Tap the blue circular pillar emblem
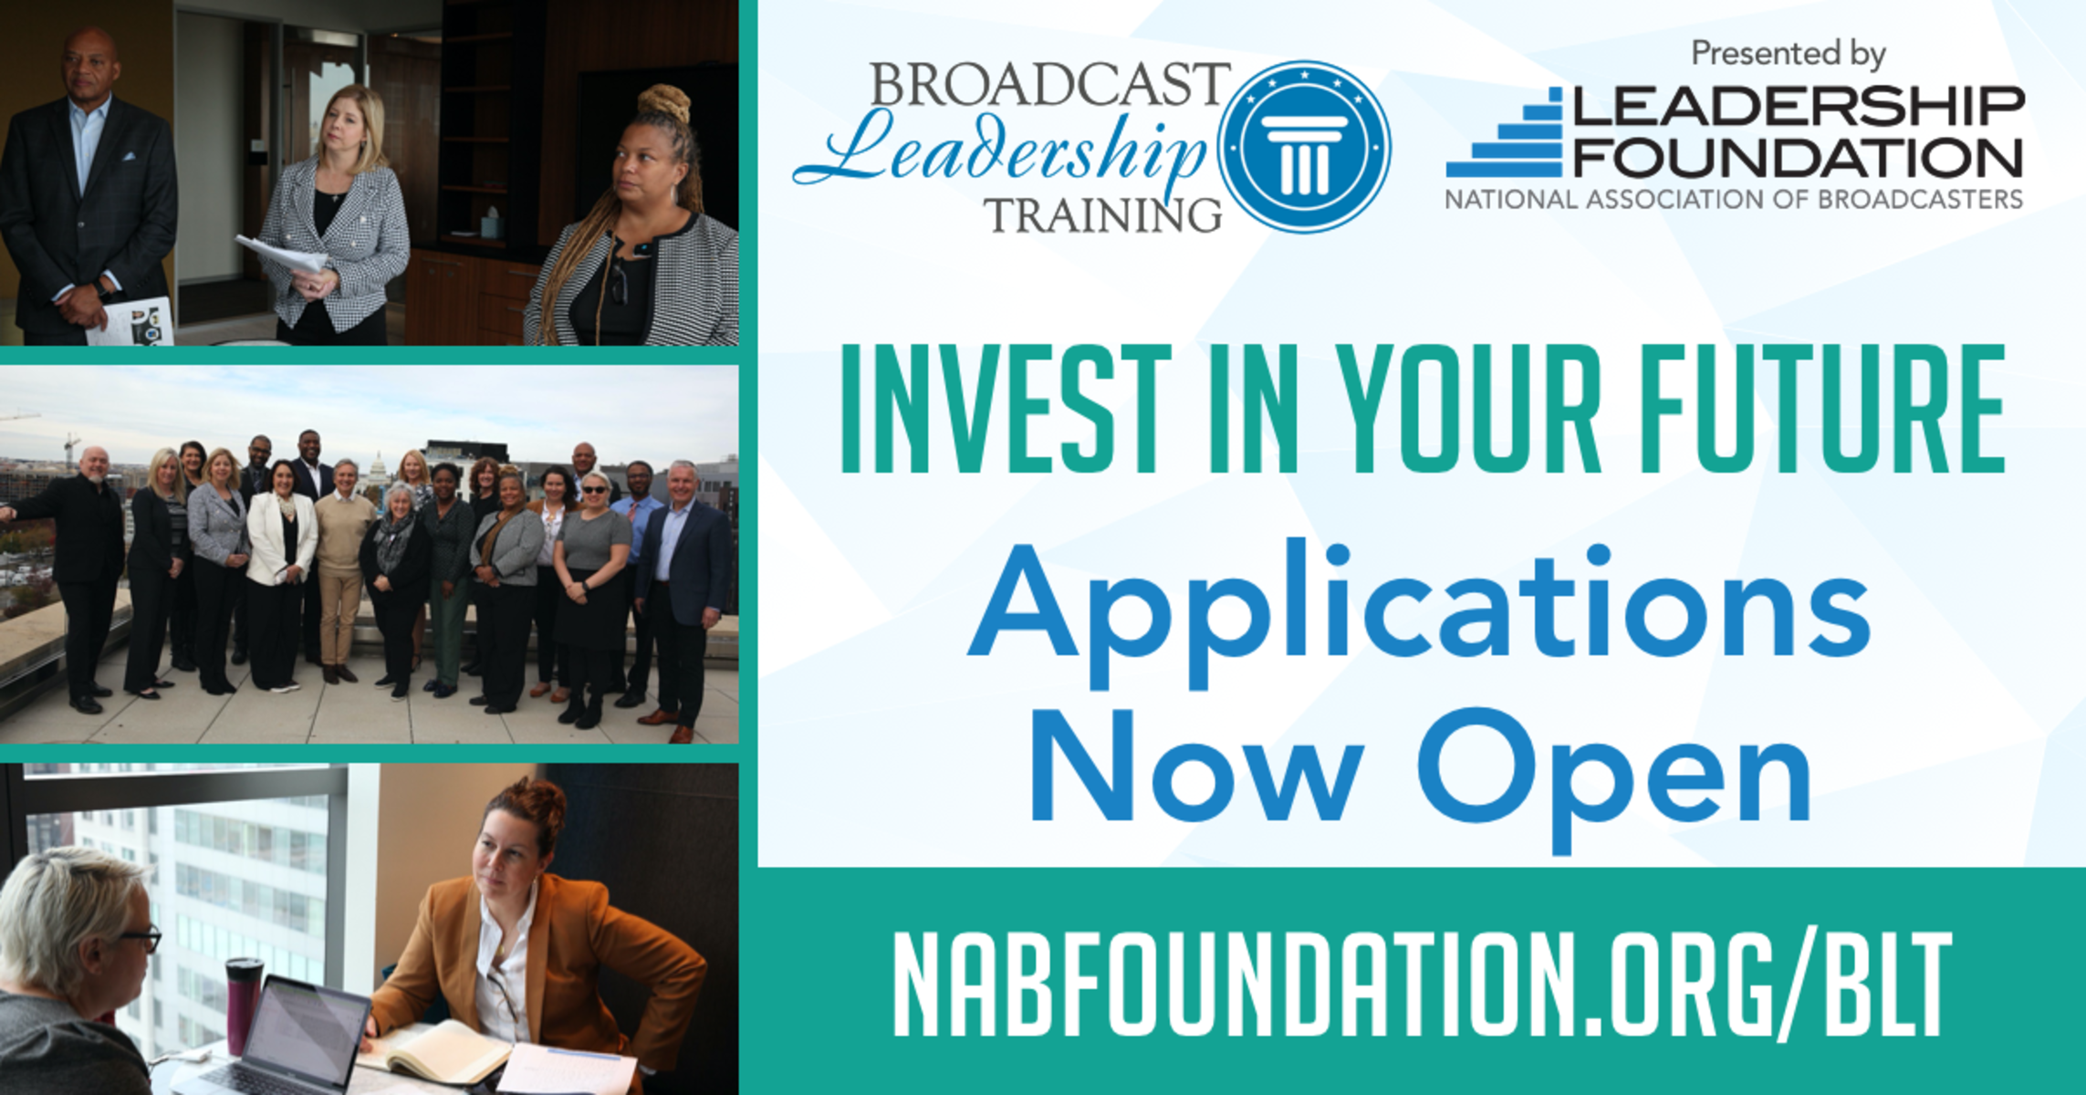(x=1304, y=147)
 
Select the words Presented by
(x=1789, y=53)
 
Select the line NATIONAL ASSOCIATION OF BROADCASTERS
(x=1734, y=199)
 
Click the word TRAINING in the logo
(x=1103, y=215)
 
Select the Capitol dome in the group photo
(x=376, y=468)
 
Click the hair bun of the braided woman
(x=664, y=103)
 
